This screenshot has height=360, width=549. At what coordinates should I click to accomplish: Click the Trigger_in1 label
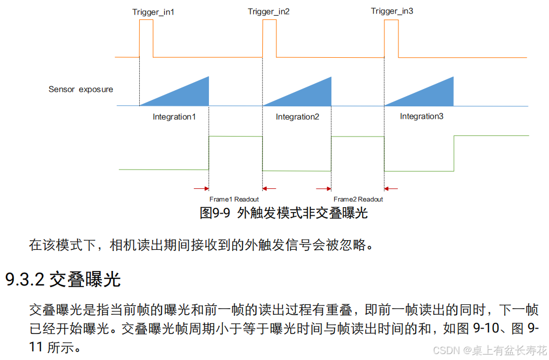pos(153,11)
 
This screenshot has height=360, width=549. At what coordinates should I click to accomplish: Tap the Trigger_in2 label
pos(269,11)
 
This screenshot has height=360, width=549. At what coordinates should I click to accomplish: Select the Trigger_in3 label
pos(392,11)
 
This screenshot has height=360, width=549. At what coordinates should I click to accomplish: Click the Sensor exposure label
pos(81,89)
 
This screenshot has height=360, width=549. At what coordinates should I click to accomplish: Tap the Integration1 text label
pos(174,117)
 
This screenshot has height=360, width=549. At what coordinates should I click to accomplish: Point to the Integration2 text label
pos(297,117)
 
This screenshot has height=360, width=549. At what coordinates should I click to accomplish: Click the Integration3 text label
pos(422,116)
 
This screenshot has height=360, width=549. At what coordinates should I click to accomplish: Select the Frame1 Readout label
pos(234,199)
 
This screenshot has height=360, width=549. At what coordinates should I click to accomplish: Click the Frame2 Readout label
pos(358,199)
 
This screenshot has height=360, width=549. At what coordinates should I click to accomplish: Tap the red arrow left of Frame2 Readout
pos(324,188)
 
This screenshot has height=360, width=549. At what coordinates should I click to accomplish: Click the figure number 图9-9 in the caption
pos(215,213)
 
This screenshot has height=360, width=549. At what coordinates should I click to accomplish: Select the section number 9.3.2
pos(25,280)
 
